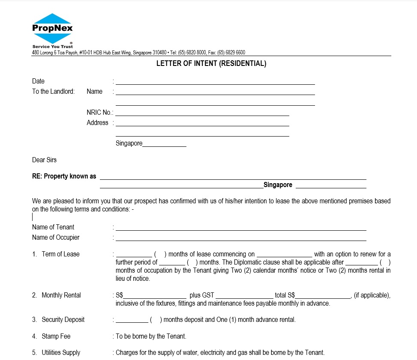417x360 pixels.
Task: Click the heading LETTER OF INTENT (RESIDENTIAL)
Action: tap(211, 64)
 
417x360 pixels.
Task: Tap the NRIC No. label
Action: tap(100, 113)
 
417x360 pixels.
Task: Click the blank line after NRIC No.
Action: tap(202, 113)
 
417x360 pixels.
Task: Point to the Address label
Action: tap(97, 123)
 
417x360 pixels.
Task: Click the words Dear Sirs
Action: tap(44, 160)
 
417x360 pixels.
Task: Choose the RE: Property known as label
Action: tap(64, 176)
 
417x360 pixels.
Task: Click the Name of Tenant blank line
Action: tap(241, 228)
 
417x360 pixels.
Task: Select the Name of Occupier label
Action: tap(56, 238)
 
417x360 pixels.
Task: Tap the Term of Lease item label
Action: tap(60, 254)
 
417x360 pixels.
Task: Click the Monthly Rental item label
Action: tap(61, 295)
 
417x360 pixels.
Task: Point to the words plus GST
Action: tap(202, 295)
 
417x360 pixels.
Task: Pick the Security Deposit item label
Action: tap(63, 320)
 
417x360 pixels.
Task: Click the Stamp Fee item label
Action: tap(56, 336)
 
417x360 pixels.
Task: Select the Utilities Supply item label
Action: tap(61, 353)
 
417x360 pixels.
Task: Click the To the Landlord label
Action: tap(53, 92)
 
